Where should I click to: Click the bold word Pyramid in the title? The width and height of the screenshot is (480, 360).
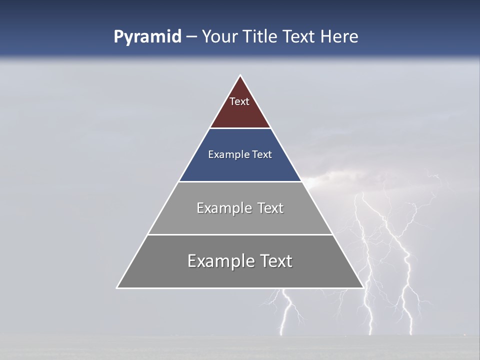click(x=147, y=37)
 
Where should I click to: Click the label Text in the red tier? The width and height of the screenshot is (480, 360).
click(x=239, y=101)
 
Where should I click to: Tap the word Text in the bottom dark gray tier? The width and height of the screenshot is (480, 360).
click(x=275, y=261)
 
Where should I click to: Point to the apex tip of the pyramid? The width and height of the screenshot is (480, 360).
click(x=240, y=76)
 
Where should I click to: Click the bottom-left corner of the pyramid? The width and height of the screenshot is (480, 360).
click(x=117, y=287)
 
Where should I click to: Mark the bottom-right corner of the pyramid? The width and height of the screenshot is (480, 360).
click(x=362, y=287)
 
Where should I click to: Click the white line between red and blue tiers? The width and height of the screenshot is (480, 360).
click(x=240, y=128)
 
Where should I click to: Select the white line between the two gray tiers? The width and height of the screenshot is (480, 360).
click(x=240, y=234)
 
